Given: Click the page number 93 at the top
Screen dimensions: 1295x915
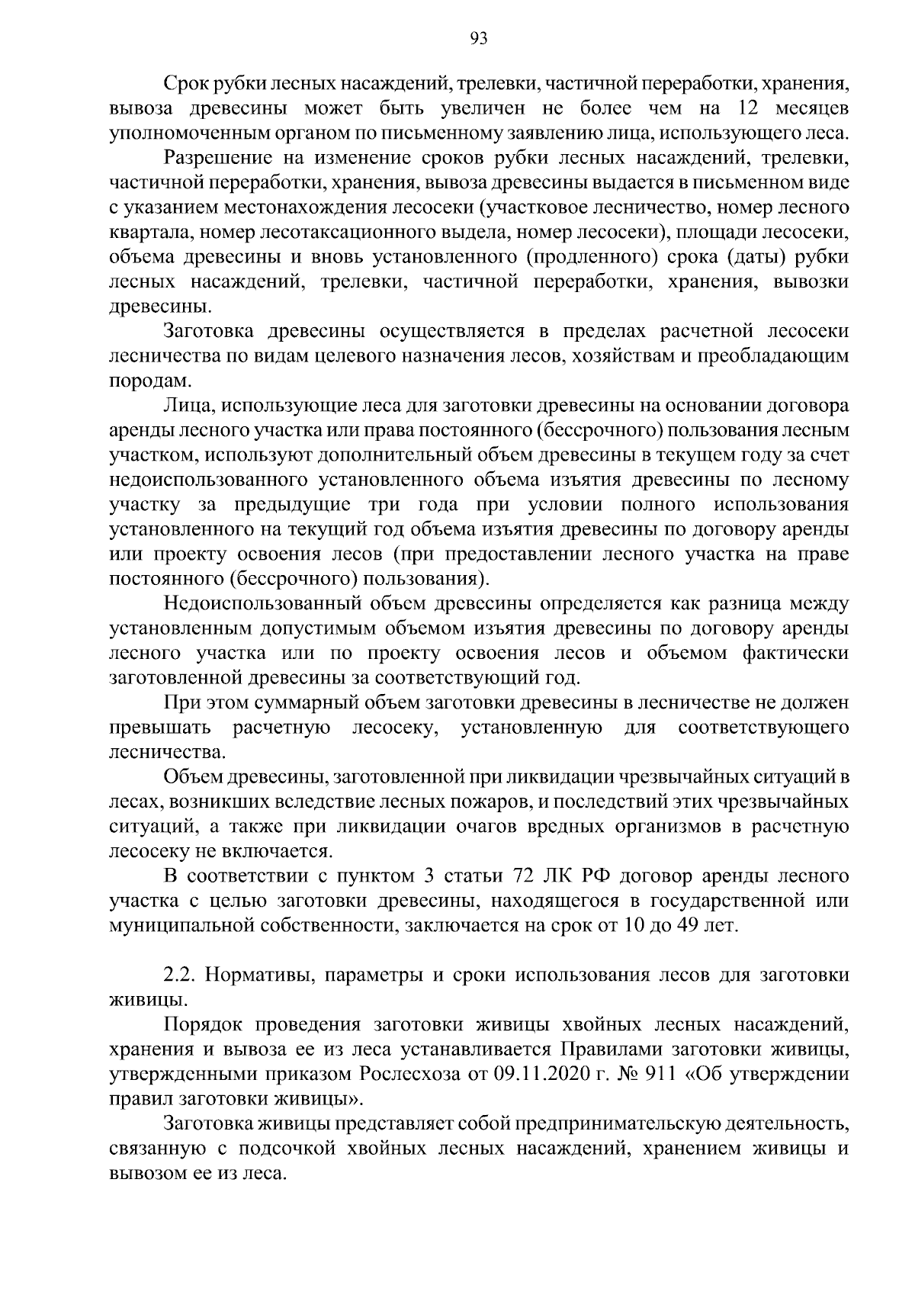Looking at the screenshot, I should click(x=479, y=39).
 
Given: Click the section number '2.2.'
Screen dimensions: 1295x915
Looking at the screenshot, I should click(x=179, y=975).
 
